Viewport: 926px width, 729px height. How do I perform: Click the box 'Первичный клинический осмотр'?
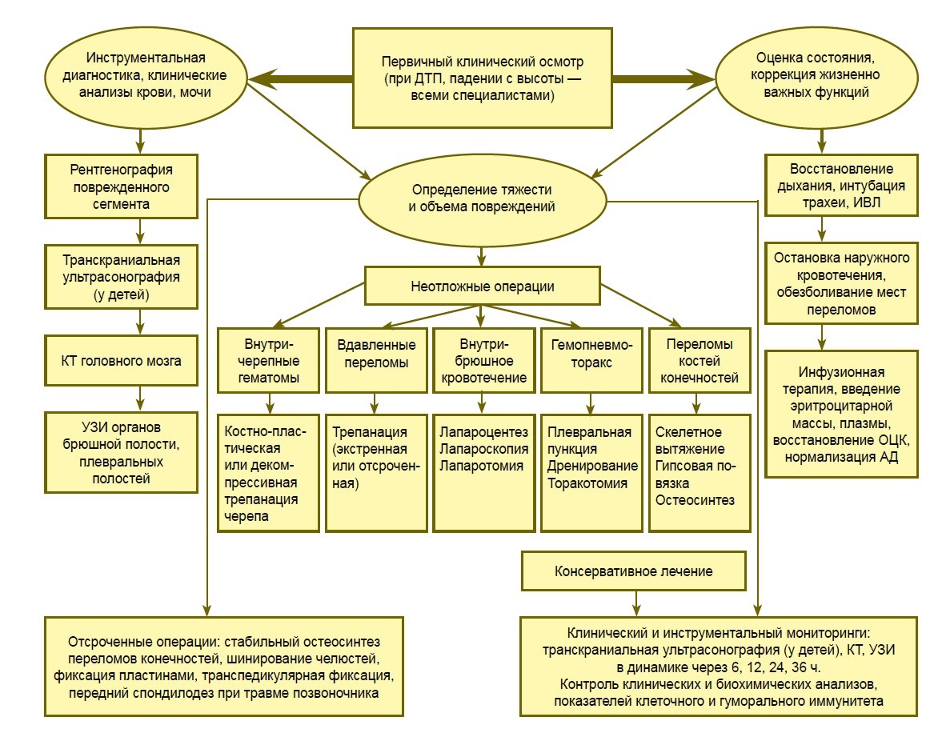(x=482, y=78)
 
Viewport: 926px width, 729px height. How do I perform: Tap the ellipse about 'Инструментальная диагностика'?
(x=146, y=76)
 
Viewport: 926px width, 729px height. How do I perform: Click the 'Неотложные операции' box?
(x=482, y=286)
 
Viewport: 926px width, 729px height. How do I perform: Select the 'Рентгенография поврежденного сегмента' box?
(x=122, y=186)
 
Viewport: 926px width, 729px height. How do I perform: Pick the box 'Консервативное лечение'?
(x=633, y=572)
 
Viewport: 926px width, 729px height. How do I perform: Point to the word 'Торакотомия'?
(x=587, y=483)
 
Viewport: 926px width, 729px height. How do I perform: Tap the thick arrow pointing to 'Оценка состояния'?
(x=664, y=79)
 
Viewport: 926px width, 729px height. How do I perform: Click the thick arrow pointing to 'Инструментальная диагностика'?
(x=300, y=79)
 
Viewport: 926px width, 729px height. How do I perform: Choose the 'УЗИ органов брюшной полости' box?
(x=122, y=452)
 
